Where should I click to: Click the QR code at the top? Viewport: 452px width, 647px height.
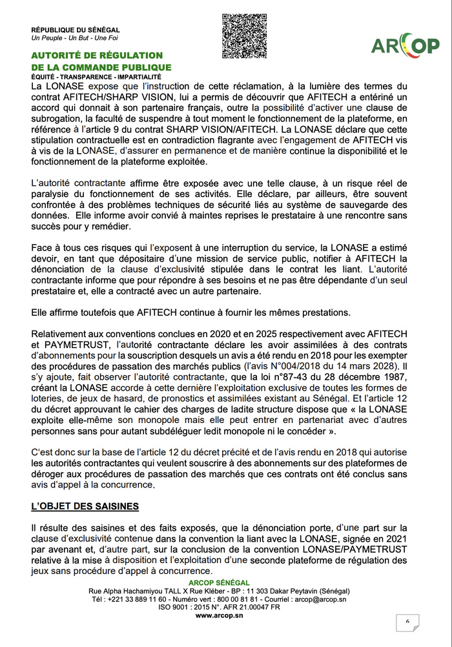pos(244,36)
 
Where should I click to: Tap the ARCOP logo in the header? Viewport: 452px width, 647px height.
pos(405,45)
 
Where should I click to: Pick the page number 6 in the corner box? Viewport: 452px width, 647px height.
pos(408,621)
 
